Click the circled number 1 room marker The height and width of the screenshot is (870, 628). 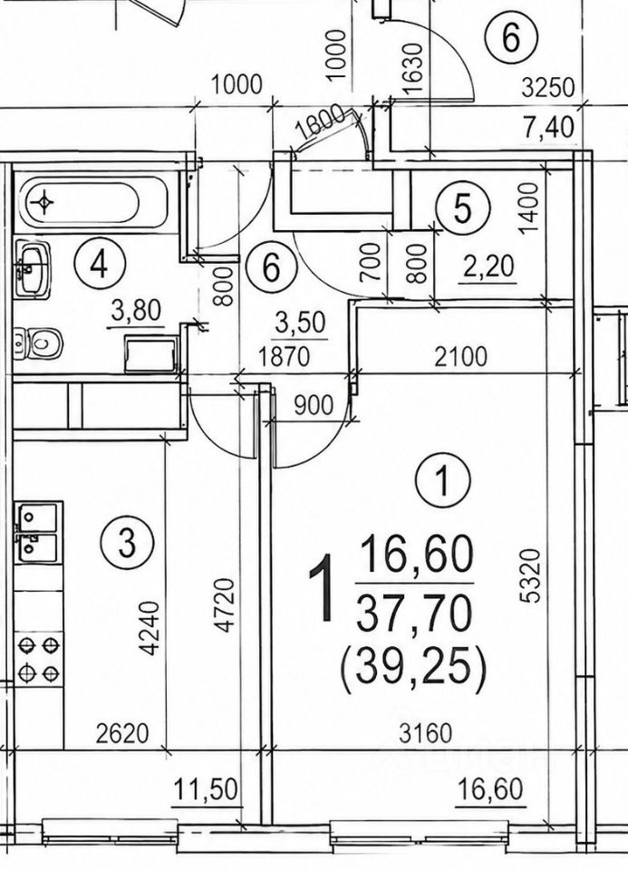click(443, 481)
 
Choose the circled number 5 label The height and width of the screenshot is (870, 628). click(463, 208)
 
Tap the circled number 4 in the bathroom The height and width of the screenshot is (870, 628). click(101, 264)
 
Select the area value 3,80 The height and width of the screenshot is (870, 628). click(136, 310)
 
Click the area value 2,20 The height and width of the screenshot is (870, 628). click(488, 267)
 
